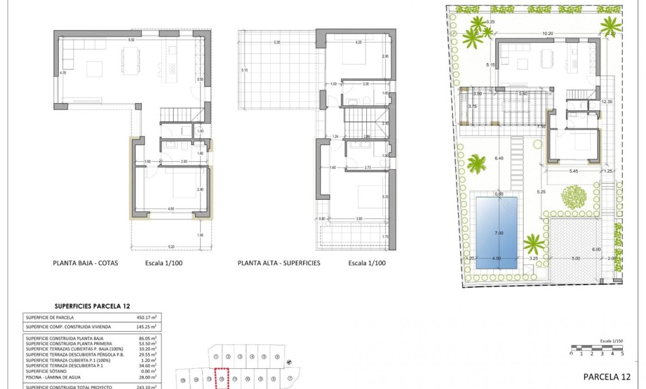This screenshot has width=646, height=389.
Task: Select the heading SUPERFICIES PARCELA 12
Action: pyautogui.click(x=92, y=306)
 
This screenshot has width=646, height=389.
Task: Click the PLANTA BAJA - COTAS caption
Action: pyautogui.click(x=85, y=263)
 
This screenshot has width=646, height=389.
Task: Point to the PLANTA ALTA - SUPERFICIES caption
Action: pyautogui.click(x=279, y=263)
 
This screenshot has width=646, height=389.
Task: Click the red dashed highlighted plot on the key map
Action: pyautogui.click(x=222, y=379)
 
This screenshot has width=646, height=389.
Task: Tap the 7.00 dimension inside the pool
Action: pyautogui.click(x=498, y=233)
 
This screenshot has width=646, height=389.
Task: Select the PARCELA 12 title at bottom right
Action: pyautogui.click(x=606, y=377)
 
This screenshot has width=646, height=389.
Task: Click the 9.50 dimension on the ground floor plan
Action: pyautogui.click(x=131, y=40)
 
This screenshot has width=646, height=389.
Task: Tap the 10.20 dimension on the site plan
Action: pyautogui.click(x=547, y=34)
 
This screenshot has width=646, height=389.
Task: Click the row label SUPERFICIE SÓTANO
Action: pyautogui.click(x=49, y=371)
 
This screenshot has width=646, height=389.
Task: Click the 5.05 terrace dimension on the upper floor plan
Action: pyautogui.click(x=277, y=42)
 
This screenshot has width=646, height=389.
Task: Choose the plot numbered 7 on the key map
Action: pyautogui.click(x=290, y=379)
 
